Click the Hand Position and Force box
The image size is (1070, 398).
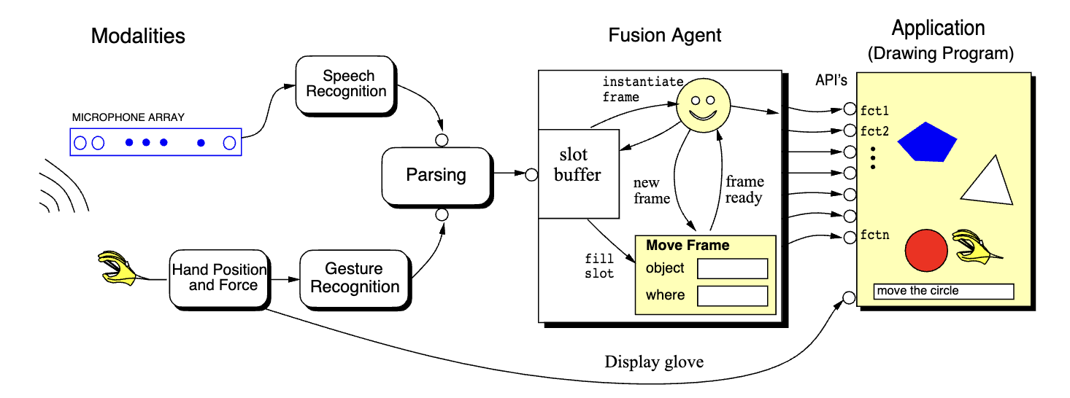219,278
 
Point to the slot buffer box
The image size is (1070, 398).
579,173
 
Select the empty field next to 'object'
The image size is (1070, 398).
732,269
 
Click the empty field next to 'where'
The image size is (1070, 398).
732,296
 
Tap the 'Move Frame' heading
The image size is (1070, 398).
687,246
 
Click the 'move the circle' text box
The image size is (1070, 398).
943,291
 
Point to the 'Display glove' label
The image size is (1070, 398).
654,362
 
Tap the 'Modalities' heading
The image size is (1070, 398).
138,35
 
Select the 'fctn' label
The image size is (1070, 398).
874,235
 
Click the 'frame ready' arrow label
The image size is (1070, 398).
744,190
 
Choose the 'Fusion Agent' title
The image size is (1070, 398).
665,35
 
